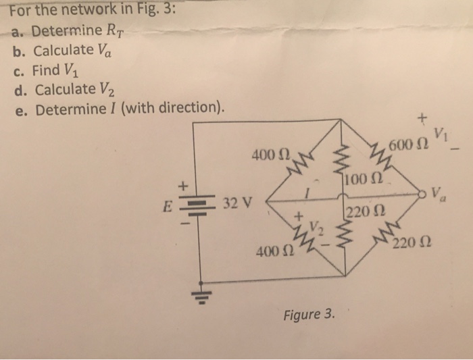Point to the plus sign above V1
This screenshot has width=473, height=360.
point(422,118)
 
